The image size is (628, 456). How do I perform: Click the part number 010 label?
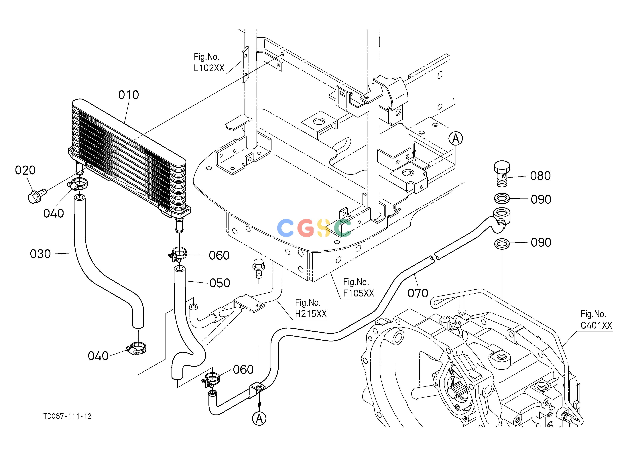tap(129, 95)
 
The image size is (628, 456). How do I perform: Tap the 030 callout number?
tap(40, 254)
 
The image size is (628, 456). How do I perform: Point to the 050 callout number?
tap(220, 283)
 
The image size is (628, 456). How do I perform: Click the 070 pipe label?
tap(418, 293)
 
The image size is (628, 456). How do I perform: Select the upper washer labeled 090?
tap(502, 198)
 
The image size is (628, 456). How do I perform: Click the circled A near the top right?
tap(456, 138)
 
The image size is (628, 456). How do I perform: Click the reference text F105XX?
tap(359, 293)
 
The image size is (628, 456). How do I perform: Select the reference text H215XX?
tap(311, 314)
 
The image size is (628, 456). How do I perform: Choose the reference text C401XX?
tap(596, 325)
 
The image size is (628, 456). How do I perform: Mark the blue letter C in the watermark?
tap(285, 228)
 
